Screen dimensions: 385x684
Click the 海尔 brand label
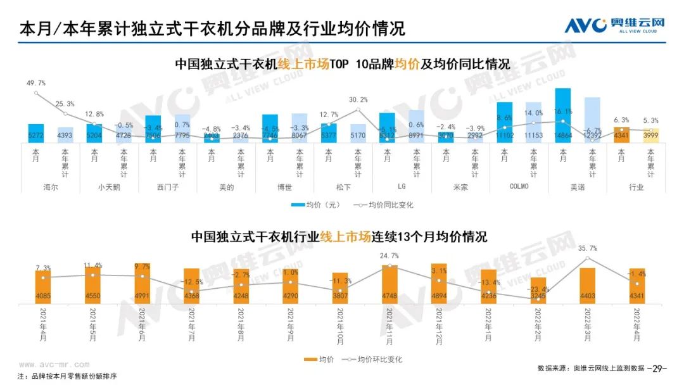tap(51, 187)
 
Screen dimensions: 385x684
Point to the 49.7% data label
tap(36, 84)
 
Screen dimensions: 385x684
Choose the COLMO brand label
tap(519, 187)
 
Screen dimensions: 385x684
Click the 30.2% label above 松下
tap(358, 99)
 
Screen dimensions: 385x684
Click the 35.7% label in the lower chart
tap(588, 248)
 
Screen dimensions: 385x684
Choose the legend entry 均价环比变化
tap(373, 360)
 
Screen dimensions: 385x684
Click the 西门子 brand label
tap(167, 187)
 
